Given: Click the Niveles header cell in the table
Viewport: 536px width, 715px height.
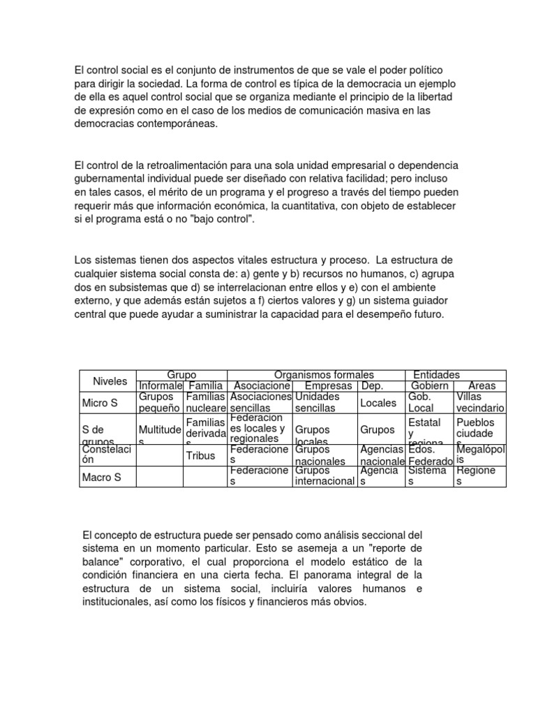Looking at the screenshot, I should (110, 381).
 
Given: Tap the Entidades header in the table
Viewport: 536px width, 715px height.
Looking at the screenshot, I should (436, 375).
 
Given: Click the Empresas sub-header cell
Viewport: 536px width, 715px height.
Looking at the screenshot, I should (329, 385).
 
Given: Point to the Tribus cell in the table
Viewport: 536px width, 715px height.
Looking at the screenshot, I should (200, 455).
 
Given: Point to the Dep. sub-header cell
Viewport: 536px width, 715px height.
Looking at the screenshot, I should (371, 385).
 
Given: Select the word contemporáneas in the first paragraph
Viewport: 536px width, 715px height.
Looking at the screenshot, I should (174, 124).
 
